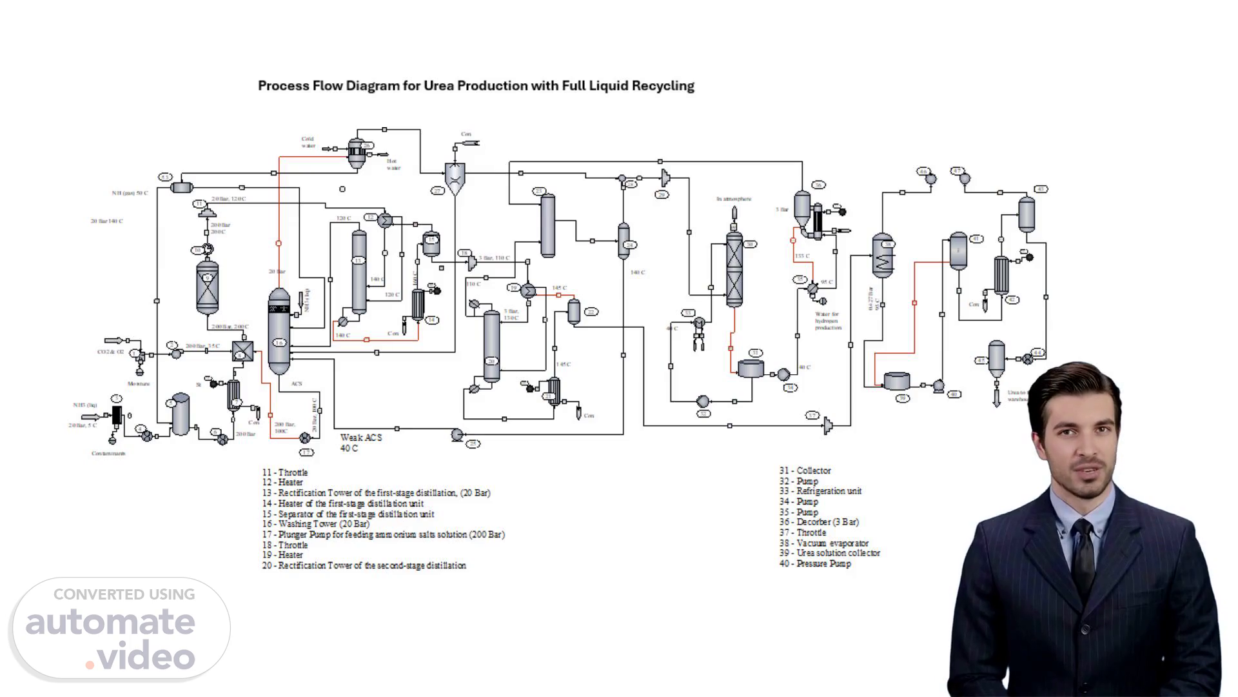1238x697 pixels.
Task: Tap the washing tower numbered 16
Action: coord(279,331)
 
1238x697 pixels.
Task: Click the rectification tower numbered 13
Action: coord(359,272)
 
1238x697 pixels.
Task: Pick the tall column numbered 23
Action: coord(547,226)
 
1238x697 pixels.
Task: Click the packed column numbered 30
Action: coord(734,269)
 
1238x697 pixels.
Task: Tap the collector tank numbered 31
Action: coord(751,369)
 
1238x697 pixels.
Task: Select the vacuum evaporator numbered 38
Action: coord(883,256)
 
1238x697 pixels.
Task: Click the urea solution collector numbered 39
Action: coord(897,381)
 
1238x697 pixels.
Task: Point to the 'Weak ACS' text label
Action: coord(361,438)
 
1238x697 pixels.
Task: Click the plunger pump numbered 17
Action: coord(305,439)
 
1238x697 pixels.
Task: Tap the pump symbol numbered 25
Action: coord(457,435)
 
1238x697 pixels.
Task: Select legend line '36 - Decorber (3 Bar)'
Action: coord(819,522)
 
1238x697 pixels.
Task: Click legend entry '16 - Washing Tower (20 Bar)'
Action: coord(315,524)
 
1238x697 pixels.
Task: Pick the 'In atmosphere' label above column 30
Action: coord(734,199)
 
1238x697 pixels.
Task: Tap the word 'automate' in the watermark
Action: coord(110,623)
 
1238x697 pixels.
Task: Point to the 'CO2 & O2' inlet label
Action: coord(110,352)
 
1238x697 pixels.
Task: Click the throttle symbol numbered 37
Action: coord(828,425)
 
